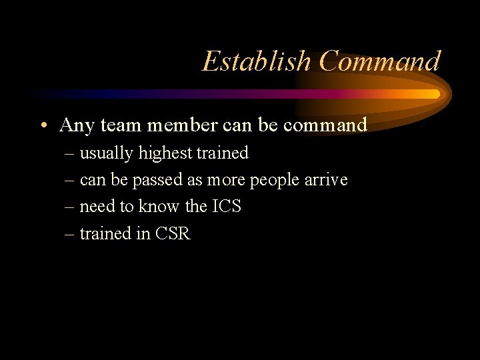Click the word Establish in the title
click(x=257, y=62)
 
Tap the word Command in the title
click(x=379, y=62)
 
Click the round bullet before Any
click(x=43, y=125)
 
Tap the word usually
click(x=107, y=153)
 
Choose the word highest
click(x=165, y=153)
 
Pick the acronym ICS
click(x=226, y=207)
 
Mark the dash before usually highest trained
click(x=71, y=154)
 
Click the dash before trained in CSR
click(x=71, y=235)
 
